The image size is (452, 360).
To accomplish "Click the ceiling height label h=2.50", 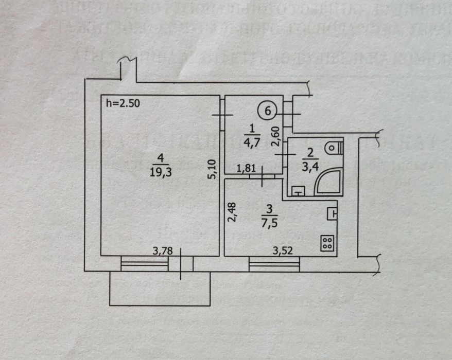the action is tap(122, 102).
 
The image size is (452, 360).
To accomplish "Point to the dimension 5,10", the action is tap(212, 168).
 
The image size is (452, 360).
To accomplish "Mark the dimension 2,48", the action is tap(231, 212).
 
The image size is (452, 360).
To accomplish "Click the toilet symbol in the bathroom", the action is tap(334, 147).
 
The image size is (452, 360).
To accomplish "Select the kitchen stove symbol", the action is tap(326, 243).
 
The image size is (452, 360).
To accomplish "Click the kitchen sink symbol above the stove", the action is tap(332, 212).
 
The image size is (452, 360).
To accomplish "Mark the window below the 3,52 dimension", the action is tap(274, 264).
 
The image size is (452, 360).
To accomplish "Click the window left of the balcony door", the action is tap(145, 264).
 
